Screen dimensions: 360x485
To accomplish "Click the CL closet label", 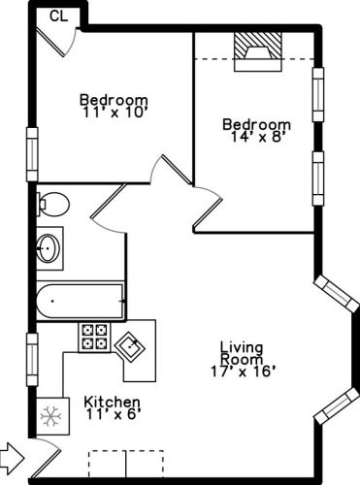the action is point(59,16).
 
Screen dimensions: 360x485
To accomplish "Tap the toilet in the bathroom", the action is point(52,205).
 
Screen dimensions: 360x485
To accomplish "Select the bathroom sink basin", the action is point(48,248).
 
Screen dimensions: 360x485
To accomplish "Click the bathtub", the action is point(80,301).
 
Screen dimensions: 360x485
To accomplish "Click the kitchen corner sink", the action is point(130,346).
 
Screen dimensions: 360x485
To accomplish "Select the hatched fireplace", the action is point(258,51).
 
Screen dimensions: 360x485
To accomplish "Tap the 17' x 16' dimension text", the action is point(244,372).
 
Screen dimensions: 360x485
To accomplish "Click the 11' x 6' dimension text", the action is point(114,414).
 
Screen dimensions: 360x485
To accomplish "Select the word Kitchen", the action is point(113,403).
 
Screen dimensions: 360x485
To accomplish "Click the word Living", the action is point(242,347).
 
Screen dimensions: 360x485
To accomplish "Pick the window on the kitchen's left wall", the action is point(32,360).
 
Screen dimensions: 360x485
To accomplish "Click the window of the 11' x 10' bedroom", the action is point(32,154).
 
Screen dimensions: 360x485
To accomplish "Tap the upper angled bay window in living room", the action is point(337,294).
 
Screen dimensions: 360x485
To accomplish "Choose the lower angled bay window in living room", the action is point(337,405).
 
